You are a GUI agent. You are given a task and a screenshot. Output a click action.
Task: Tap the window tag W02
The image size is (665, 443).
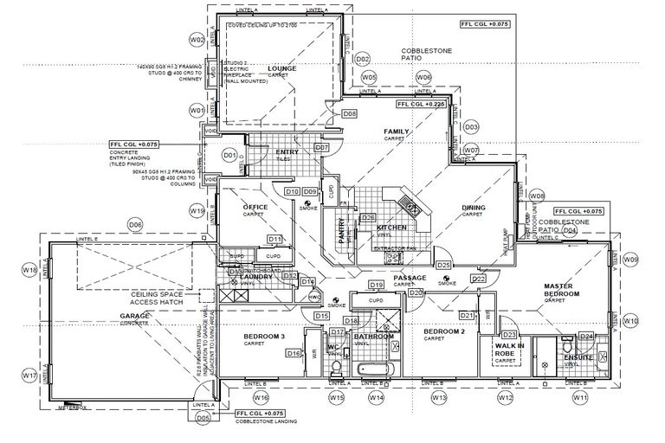[197, 41]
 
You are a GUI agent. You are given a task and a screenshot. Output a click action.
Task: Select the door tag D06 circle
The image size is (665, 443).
[135, 224]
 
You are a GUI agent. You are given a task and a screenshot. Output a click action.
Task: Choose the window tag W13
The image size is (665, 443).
[439, 397]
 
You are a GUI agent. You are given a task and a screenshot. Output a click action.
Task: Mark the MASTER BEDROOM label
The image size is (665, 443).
[566, 290]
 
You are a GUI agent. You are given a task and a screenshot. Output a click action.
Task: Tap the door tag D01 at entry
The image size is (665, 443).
[229, 156]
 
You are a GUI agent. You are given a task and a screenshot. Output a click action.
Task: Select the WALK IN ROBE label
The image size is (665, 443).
[505, 350]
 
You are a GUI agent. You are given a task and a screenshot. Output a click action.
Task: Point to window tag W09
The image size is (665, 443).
[631, 260]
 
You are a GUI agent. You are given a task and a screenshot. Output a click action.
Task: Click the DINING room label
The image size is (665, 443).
[474, 208]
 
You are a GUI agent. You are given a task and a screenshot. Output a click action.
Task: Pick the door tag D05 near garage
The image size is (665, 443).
[204, 419]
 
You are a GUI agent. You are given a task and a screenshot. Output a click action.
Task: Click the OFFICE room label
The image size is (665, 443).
[255, 207]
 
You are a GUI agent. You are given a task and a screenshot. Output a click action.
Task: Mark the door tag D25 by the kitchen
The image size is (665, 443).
[444, 265]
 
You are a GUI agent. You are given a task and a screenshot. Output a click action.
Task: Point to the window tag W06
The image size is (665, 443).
[423, 77]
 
